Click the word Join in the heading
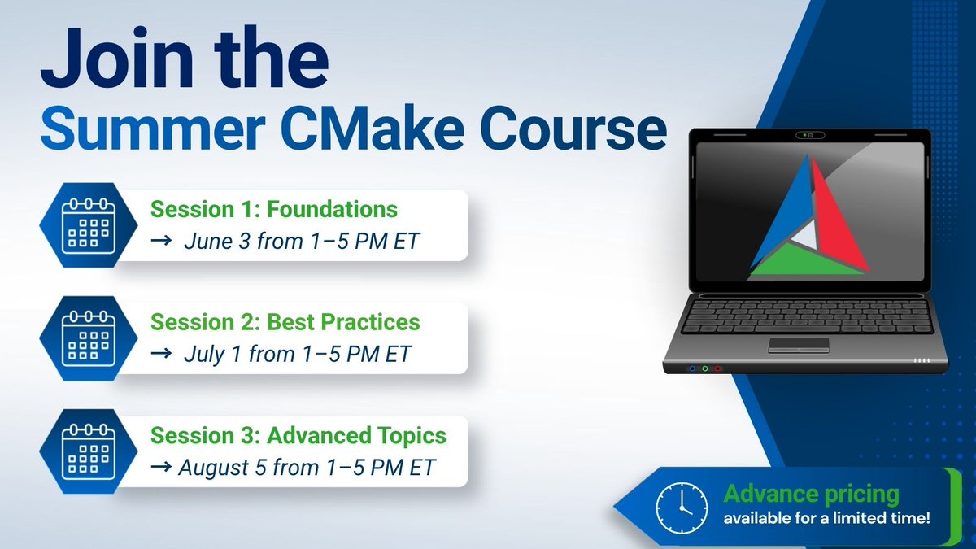point(117,58)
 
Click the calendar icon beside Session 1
point(89,225)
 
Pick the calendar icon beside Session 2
point(89,338)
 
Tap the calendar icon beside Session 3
point(89,452)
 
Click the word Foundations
point(332,209)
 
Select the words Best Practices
point(343,322)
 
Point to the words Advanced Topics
point(356,436)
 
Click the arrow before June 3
point(161,240)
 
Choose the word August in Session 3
point(213,468)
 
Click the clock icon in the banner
point(682,508)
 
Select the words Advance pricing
point(812,495)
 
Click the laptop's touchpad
point(799,345)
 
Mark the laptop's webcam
point(810,135)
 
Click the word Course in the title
point(573,129)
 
